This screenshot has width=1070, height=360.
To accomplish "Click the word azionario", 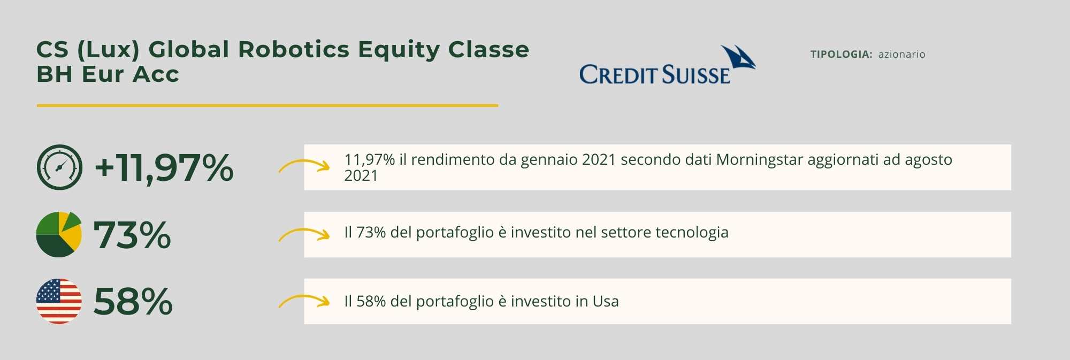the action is tap(901, 54).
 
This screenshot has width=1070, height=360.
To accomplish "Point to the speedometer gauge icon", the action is tap(59, 167).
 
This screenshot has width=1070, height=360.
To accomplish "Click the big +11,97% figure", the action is tap(164, 167).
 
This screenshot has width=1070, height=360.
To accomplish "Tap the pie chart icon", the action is tap(59, 234).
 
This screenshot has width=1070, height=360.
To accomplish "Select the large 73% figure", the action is tap(132, 235).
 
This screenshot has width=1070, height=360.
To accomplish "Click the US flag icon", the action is tap(59, 301).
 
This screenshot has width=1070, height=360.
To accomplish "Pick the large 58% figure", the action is tap(133, 302).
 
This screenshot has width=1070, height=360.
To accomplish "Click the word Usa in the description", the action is tap(606, 301).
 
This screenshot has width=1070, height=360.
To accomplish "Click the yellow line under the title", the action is tap(267, 105).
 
